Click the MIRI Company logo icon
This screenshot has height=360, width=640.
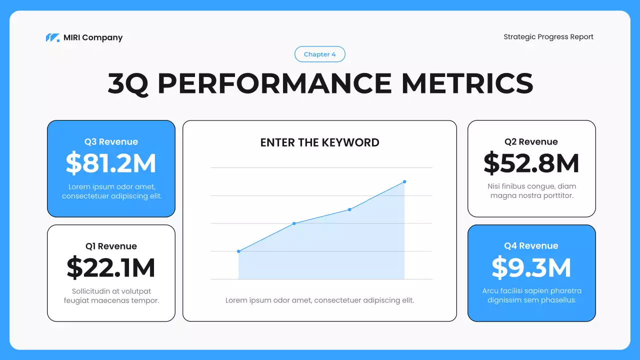[52, 37]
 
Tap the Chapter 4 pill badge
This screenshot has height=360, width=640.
[320, 54]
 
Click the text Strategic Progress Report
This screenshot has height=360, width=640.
[548, 36]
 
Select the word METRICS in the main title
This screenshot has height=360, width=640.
[467, 83]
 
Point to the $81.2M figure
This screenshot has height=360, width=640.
[111, 163]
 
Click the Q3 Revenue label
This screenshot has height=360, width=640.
[111, 142]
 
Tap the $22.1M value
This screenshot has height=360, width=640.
[111, 268]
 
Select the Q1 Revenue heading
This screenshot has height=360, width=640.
[111, 246]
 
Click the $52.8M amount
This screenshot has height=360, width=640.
[531, 163]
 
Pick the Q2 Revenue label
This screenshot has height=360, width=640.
[531, 142]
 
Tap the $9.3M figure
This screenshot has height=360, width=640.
[531, 267]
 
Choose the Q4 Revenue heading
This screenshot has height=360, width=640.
[531, 245]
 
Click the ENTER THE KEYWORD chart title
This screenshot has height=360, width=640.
[319, 142]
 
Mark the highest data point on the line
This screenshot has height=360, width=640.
[404, 181]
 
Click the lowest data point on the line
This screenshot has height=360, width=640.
[238, 251]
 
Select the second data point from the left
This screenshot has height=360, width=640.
[294, 223]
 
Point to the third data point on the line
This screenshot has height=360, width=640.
[349, 209]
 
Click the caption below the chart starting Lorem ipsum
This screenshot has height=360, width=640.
[319, 300]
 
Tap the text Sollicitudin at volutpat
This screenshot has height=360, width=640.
[111, 291]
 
